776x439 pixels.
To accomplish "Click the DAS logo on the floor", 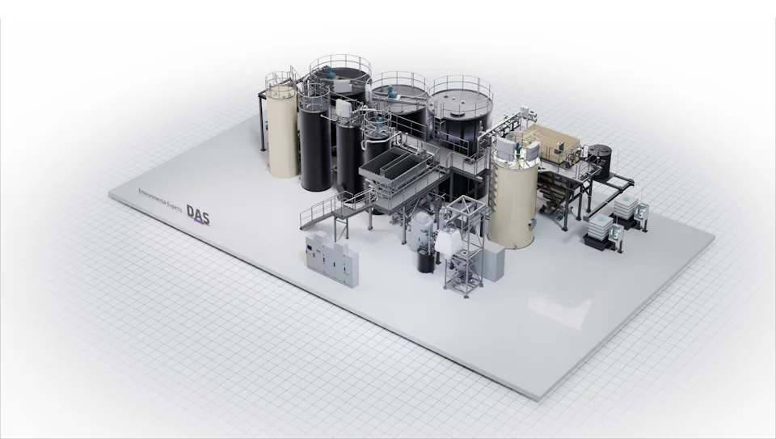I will point(198,212).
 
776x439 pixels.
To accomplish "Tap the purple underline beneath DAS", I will point(199,222).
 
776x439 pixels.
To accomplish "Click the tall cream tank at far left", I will point(283,133).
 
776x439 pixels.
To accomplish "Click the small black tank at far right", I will point(599,161).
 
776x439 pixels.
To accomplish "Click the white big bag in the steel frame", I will point(446,240).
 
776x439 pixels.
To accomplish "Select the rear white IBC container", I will point(626,209).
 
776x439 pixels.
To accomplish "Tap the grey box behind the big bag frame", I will point(491,263).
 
